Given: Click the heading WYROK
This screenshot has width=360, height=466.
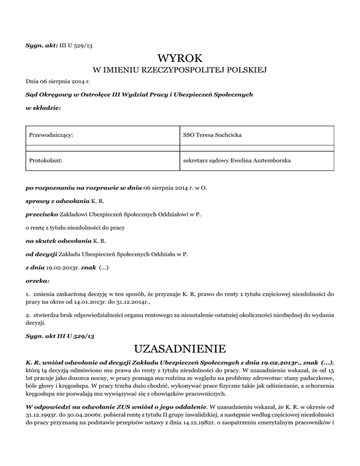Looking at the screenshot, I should (x=180, y=60).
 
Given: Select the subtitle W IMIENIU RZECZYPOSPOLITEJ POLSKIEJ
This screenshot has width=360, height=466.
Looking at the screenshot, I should (x=180, y=71).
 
